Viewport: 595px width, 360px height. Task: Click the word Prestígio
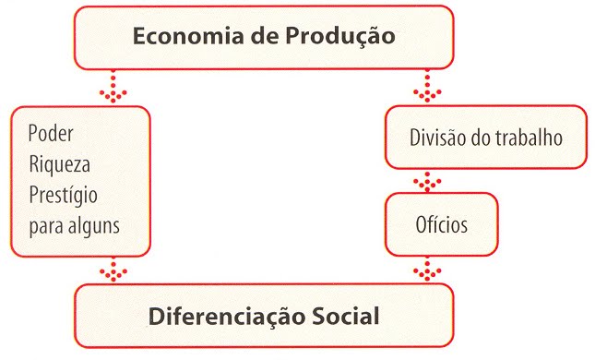64,196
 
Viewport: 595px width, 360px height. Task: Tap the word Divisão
436,138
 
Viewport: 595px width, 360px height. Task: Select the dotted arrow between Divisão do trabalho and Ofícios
427,180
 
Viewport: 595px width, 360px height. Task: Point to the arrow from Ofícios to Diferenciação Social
427,269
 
